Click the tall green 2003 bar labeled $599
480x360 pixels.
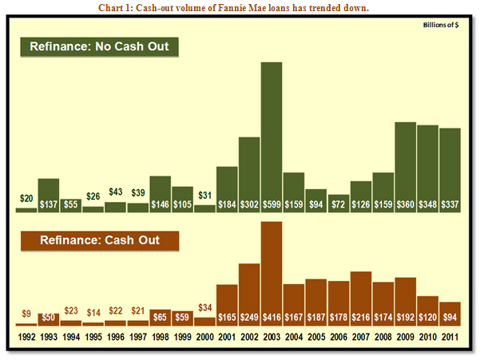pos(272,136)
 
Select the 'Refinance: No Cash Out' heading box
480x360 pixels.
pos(99,46)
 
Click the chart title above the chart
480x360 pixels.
pos(239,8)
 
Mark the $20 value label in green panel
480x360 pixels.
pos(26,198)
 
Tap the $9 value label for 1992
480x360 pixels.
pos(26,314)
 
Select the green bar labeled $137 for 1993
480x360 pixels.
pos(48,195)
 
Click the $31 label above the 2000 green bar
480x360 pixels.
pos(204,196)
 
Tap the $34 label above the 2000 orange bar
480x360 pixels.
pos(204,308)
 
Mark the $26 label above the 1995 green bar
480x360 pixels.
pos(93,197)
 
